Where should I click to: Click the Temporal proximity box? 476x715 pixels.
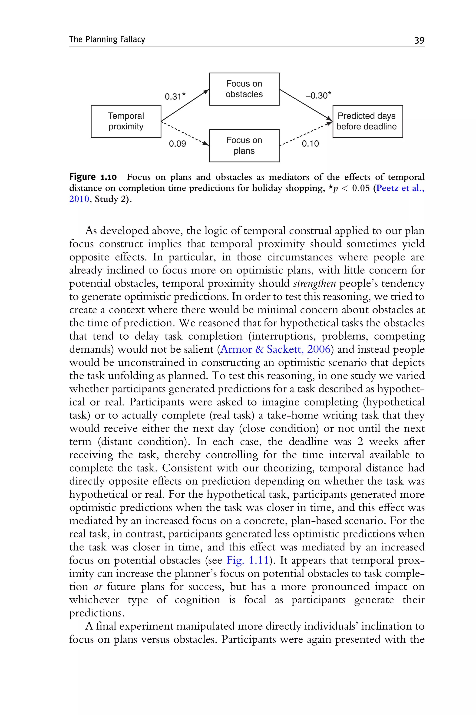click(126, 121)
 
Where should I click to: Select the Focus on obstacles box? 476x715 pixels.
click(244, 89)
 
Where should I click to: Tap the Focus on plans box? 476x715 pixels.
click(244, 146)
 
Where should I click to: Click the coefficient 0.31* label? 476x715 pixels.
click(175, 97)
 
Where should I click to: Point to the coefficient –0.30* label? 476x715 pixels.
click(318, 96)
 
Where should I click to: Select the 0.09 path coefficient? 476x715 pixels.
click(177, 144)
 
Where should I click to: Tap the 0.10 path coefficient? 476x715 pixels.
click(310, 144)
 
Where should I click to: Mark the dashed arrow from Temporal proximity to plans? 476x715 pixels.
click(185, 133)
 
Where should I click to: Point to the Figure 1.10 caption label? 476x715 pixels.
click(93, 177)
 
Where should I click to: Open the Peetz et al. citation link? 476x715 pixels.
click(400, 188)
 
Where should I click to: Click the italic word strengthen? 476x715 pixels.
click(314, 283)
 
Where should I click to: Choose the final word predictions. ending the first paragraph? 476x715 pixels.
click(96, 613)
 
